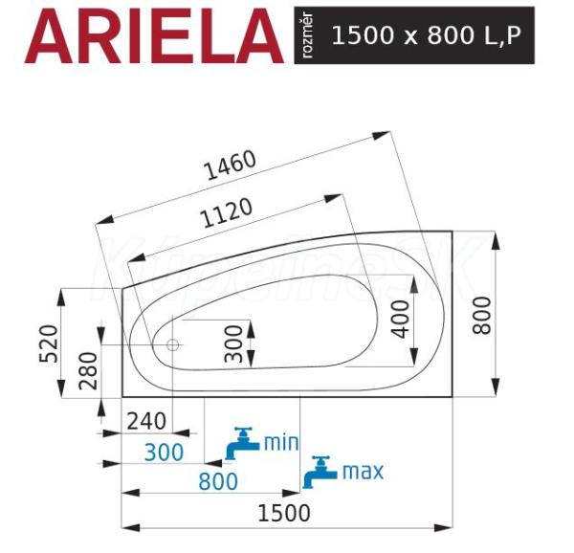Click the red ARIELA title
coord(154,35)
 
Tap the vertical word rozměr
coord(307,35)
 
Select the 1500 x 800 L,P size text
coord(426,35)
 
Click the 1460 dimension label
coord(230,165)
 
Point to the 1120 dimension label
coord(227,212)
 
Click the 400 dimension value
coord(401,320)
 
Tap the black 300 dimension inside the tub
coord(233,344)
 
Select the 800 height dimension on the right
coord(481,315)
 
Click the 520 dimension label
coord(49,343)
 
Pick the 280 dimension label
coord(88,370)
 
